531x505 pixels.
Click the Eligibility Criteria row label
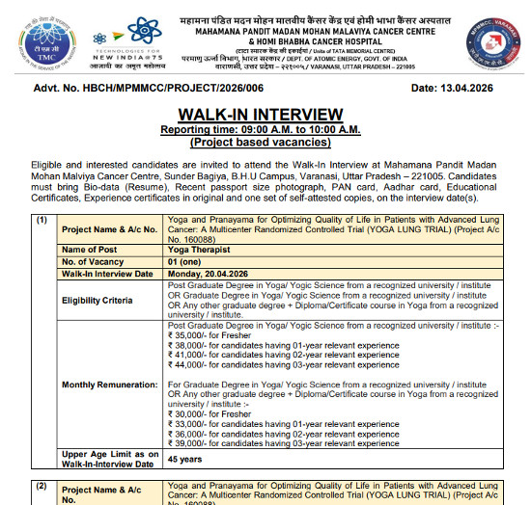(97, 300)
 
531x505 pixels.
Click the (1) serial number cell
(41, 219)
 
